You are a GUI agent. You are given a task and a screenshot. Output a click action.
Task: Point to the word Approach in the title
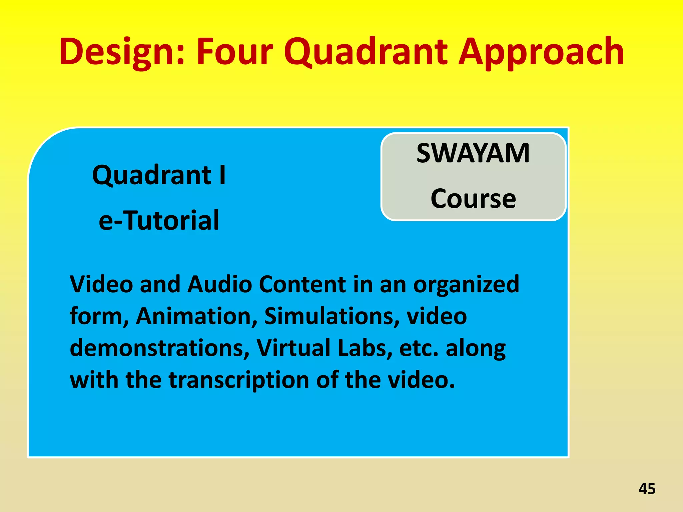click(541, 52)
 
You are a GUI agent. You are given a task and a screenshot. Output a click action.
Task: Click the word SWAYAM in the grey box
click(473, 153)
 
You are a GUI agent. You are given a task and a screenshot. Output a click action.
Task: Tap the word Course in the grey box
click(473, 199)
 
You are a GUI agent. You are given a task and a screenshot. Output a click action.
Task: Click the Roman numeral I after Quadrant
click(222, 175)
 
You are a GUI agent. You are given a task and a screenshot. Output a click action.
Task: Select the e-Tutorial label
click(159, 220)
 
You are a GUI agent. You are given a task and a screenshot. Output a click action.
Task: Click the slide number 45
click(647, 489)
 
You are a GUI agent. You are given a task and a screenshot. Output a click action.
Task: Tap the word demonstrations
click(159, 348)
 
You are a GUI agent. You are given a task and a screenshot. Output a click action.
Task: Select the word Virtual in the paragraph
click(293, 348)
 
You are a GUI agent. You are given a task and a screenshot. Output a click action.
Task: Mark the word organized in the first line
click(466, 285)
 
